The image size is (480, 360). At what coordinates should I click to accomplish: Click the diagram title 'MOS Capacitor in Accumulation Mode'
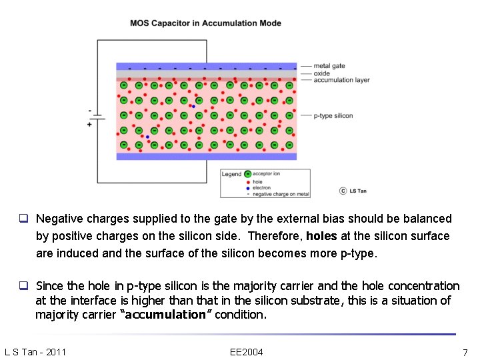(205, 23)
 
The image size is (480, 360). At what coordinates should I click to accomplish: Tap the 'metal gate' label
(329, 66)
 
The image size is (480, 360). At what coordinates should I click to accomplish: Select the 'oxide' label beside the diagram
(322, 73)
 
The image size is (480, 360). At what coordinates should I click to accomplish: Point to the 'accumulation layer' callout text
(341, 80)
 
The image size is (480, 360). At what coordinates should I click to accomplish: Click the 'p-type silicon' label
(333, 116)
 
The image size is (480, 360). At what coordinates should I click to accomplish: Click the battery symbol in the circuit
(97, 117)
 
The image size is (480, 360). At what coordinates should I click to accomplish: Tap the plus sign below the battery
(89, 125)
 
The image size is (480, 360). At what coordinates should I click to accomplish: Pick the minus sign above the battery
(89, 110)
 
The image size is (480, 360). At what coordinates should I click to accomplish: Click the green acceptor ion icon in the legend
(248, 174)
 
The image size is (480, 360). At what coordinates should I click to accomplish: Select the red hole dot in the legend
(248, 181)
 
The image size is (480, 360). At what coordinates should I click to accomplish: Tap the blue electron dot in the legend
(248, 188)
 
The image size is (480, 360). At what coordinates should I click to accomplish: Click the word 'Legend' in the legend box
(231, 175)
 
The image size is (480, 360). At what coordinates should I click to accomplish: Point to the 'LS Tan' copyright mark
(353, 191)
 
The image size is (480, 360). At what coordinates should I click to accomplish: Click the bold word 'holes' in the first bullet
(321, 236)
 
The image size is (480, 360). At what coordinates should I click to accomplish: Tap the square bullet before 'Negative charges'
(23, 219)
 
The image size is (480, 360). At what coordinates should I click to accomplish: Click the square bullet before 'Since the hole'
(23, 286)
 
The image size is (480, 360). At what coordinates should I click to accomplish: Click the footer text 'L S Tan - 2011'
(35, 352)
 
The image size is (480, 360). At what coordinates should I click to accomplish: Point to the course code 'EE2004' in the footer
(246, 352)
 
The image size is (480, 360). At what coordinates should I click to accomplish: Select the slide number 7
(465, 352)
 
